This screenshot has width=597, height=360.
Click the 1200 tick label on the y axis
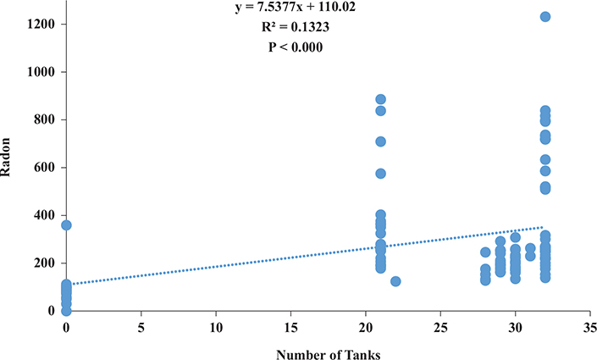tap(40, 25)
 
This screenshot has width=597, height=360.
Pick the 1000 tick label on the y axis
tap(40, 72)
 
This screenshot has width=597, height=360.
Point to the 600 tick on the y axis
tap(43, 168)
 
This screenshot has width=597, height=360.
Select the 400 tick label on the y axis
tap(43, 216)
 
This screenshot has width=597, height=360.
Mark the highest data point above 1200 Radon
tap(545, 17)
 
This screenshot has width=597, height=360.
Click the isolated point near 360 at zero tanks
tap(66, 225)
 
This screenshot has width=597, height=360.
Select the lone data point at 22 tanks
tap(395, 281)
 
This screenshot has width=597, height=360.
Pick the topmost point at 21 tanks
tap(381, 100)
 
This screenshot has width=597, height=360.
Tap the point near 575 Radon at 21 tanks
tap(381, 174)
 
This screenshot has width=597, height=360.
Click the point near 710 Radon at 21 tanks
tap(381, 141)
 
